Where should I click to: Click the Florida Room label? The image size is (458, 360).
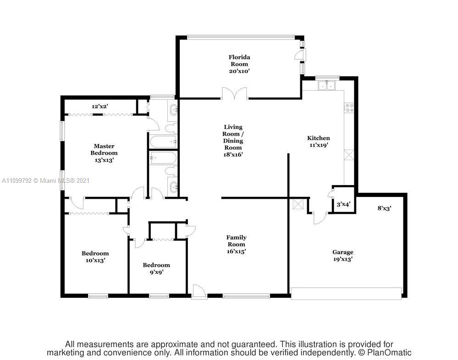tap(239, 60)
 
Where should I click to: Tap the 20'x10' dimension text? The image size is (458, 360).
tap(239, 71)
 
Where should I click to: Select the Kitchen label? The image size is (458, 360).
tap(318, 138)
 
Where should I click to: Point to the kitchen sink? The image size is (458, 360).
tap(326, 85)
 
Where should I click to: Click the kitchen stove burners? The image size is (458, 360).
tap(349, 107)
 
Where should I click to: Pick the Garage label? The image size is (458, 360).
tap(342, 252)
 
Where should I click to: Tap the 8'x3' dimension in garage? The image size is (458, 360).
tap(384, 208)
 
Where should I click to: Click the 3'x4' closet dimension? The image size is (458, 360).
tap(343, 204)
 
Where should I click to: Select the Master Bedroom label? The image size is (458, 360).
tap(104, 149)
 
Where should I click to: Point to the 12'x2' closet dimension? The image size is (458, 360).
tap(100, 106)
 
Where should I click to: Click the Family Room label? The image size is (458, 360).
tap(236, 240)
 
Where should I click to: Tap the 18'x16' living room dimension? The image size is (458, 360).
tap(233, 155)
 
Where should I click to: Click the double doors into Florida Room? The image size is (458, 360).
tap(234, 93)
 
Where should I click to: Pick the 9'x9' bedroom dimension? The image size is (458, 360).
tap(156, 272)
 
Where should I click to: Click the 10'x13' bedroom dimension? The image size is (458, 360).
tap(95, 260)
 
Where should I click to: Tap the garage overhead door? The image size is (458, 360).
tap(347, 294)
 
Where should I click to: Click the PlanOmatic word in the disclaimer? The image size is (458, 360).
tap(389, 352)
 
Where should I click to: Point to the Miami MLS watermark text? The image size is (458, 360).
tap(45, 180)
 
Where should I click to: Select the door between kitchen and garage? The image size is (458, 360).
tap(320, 218)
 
